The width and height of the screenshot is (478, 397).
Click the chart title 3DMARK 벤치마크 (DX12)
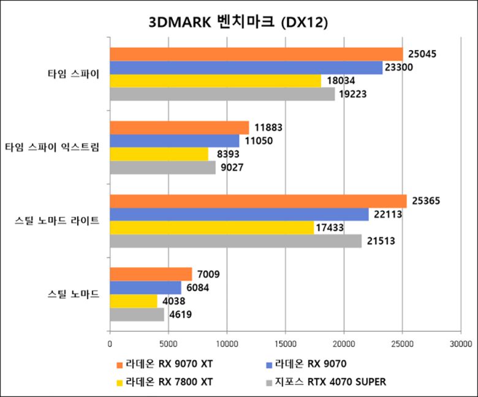click(239, 22)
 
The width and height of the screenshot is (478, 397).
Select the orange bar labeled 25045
click(256, 54)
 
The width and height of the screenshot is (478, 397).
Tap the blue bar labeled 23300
click(246, 67)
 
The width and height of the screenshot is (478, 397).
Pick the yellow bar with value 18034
click(215, 81)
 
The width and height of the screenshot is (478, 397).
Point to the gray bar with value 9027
click(162, 167)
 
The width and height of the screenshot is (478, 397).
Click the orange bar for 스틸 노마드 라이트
click(258, 201)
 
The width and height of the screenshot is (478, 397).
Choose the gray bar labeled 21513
click(235, 241)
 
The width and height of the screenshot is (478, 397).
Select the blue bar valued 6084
click(145, 287)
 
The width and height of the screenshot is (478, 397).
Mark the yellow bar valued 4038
click(133, 301)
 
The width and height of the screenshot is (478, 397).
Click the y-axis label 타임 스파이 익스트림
click(52, 147)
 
